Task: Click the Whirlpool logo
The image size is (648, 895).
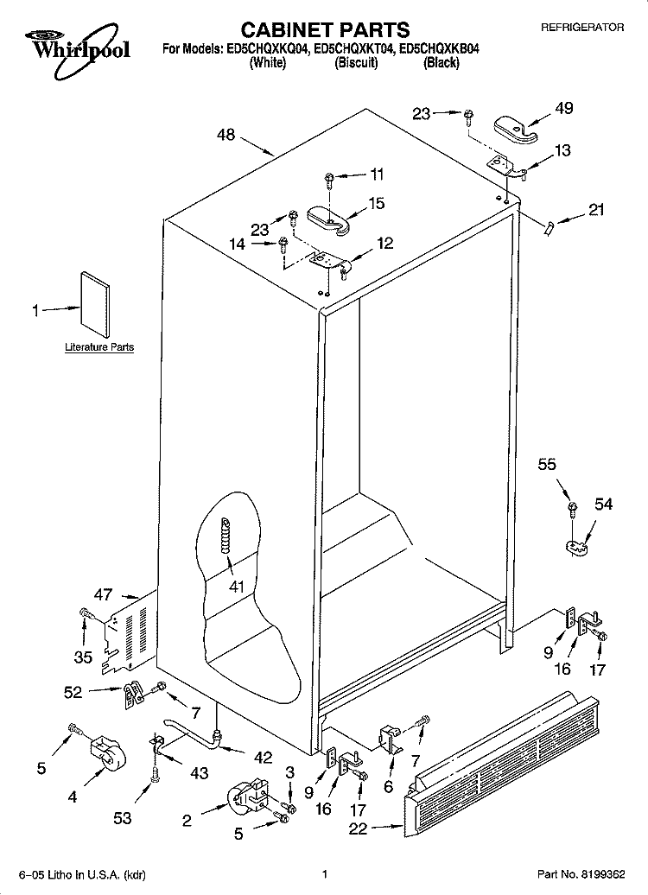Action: tap(77, 50)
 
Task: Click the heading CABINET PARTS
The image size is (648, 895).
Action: tap(325, 29)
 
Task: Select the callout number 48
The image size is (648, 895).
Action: tap(226, 136)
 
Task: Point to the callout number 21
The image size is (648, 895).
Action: tap(596, 210)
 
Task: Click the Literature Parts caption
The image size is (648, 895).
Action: tap(99, 347)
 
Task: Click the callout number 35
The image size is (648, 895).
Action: tap(83, 657)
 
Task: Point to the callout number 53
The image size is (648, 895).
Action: tap(122, 818)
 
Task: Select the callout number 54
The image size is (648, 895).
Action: tap(603, 504)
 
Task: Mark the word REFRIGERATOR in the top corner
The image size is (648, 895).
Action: tap(582, 27)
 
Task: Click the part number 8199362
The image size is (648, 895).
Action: tap(605, 874)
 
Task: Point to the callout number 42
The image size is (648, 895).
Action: tap(264, 757)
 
